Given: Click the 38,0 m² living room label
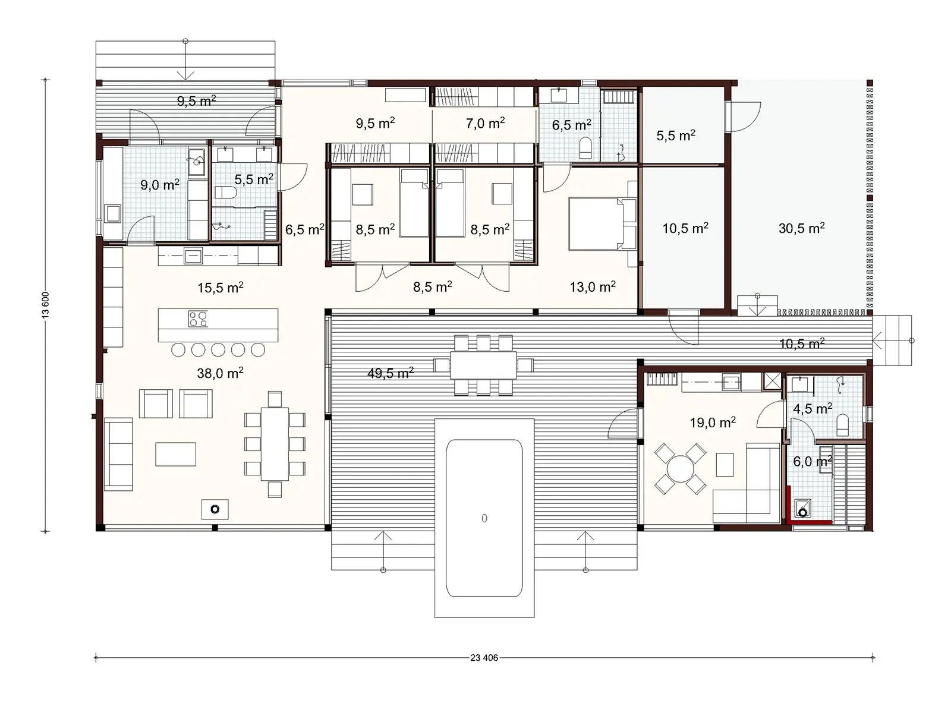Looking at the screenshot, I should click(x=220, y=373).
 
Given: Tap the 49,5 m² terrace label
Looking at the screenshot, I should click(x=390, y=373).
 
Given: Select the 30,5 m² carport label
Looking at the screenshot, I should click(x=801, y=228).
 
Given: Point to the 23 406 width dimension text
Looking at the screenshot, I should click(x=484, y=658).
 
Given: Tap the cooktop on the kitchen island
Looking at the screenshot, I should click(x=198, y=319).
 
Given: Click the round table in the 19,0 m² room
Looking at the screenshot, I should click(x=679, y=469).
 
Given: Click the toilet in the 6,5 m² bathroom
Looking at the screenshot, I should click(x=585, y=148).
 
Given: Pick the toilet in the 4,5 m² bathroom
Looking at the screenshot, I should click(x=842, y=425).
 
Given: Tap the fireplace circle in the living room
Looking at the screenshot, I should click(x=215, y=509).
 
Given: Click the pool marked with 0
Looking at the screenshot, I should click(x=484, y=518).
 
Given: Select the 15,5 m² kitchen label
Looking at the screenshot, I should click(x=220, y=288).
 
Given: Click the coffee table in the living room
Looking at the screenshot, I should click(x=176, y=454).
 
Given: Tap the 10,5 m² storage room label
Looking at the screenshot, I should click(x=685, y=228).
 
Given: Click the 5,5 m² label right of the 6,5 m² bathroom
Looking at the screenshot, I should click(x=676, y=135).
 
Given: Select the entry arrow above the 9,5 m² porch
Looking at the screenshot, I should click(x=185, y=59).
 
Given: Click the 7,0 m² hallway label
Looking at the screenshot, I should click(x=485, y=123).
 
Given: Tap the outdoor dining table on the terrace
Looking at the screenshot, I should click(x=483, y=365).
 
